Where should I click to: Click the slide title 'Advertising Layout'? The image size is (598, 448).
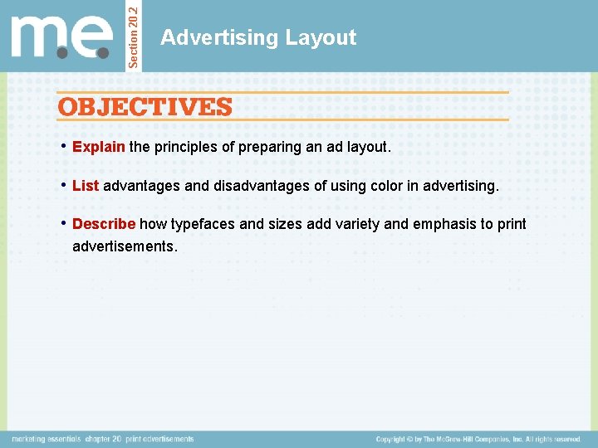click(258, 37)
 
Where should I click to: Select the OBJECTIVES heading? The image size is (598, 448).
click(145, 107)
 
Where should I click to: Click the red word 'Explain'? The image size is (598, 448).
click(99, 147)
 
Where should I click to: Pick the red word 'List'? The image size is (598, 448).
click(86, 186)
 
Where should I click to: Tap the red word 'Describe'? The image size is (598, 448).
click(104, 224)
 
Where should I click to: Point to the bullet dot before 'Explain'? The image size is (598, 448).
click(64, 147)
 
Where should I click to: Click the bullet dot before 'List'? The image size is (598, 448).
click(64, 185)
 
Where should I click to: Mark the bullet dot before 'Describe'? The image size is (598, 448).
click(64, 223)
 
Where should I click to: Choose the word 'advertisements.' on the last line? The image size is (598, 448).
click(125, 246)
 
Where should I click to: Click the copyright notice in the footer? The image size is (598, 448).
click(478, 439)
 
